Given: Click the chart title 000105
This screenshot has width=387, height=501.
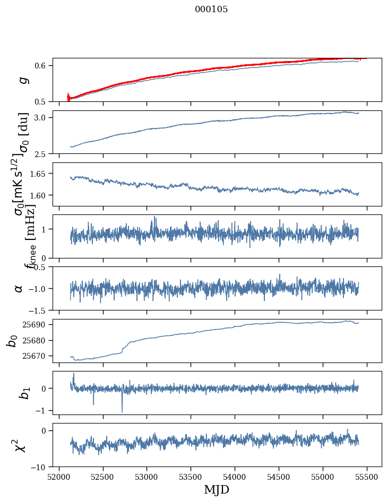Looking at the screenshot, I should pyautogui.click(x=211, y=10).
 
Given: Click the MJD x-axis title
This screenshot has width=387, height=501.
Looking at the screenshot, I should pyautogui.click(x=217, y=489).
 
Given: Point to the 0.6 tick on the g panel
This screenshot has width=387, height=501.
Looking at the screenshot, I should pyautogui.click(x=41, y=65).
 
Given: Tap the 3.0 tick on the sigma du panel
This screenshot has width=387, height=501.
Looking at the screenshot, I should pyautogui.click(x=41, y=117).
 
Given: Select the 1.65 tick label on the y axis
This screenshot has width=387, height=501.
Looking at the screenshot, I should pyautogui.click(x=38, y=174).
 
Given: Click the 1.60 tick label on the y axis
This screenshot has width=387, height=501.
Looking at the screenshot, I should pyautogui.click(x=38, y=195).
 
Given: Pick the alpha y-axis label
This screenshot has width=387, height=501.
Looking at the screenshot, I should pyautogui.click(x=19, y=288).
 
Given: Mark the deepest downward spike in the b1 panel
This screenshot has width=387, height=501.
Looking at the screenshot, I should pyautogui.click(x=122, y=412).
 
